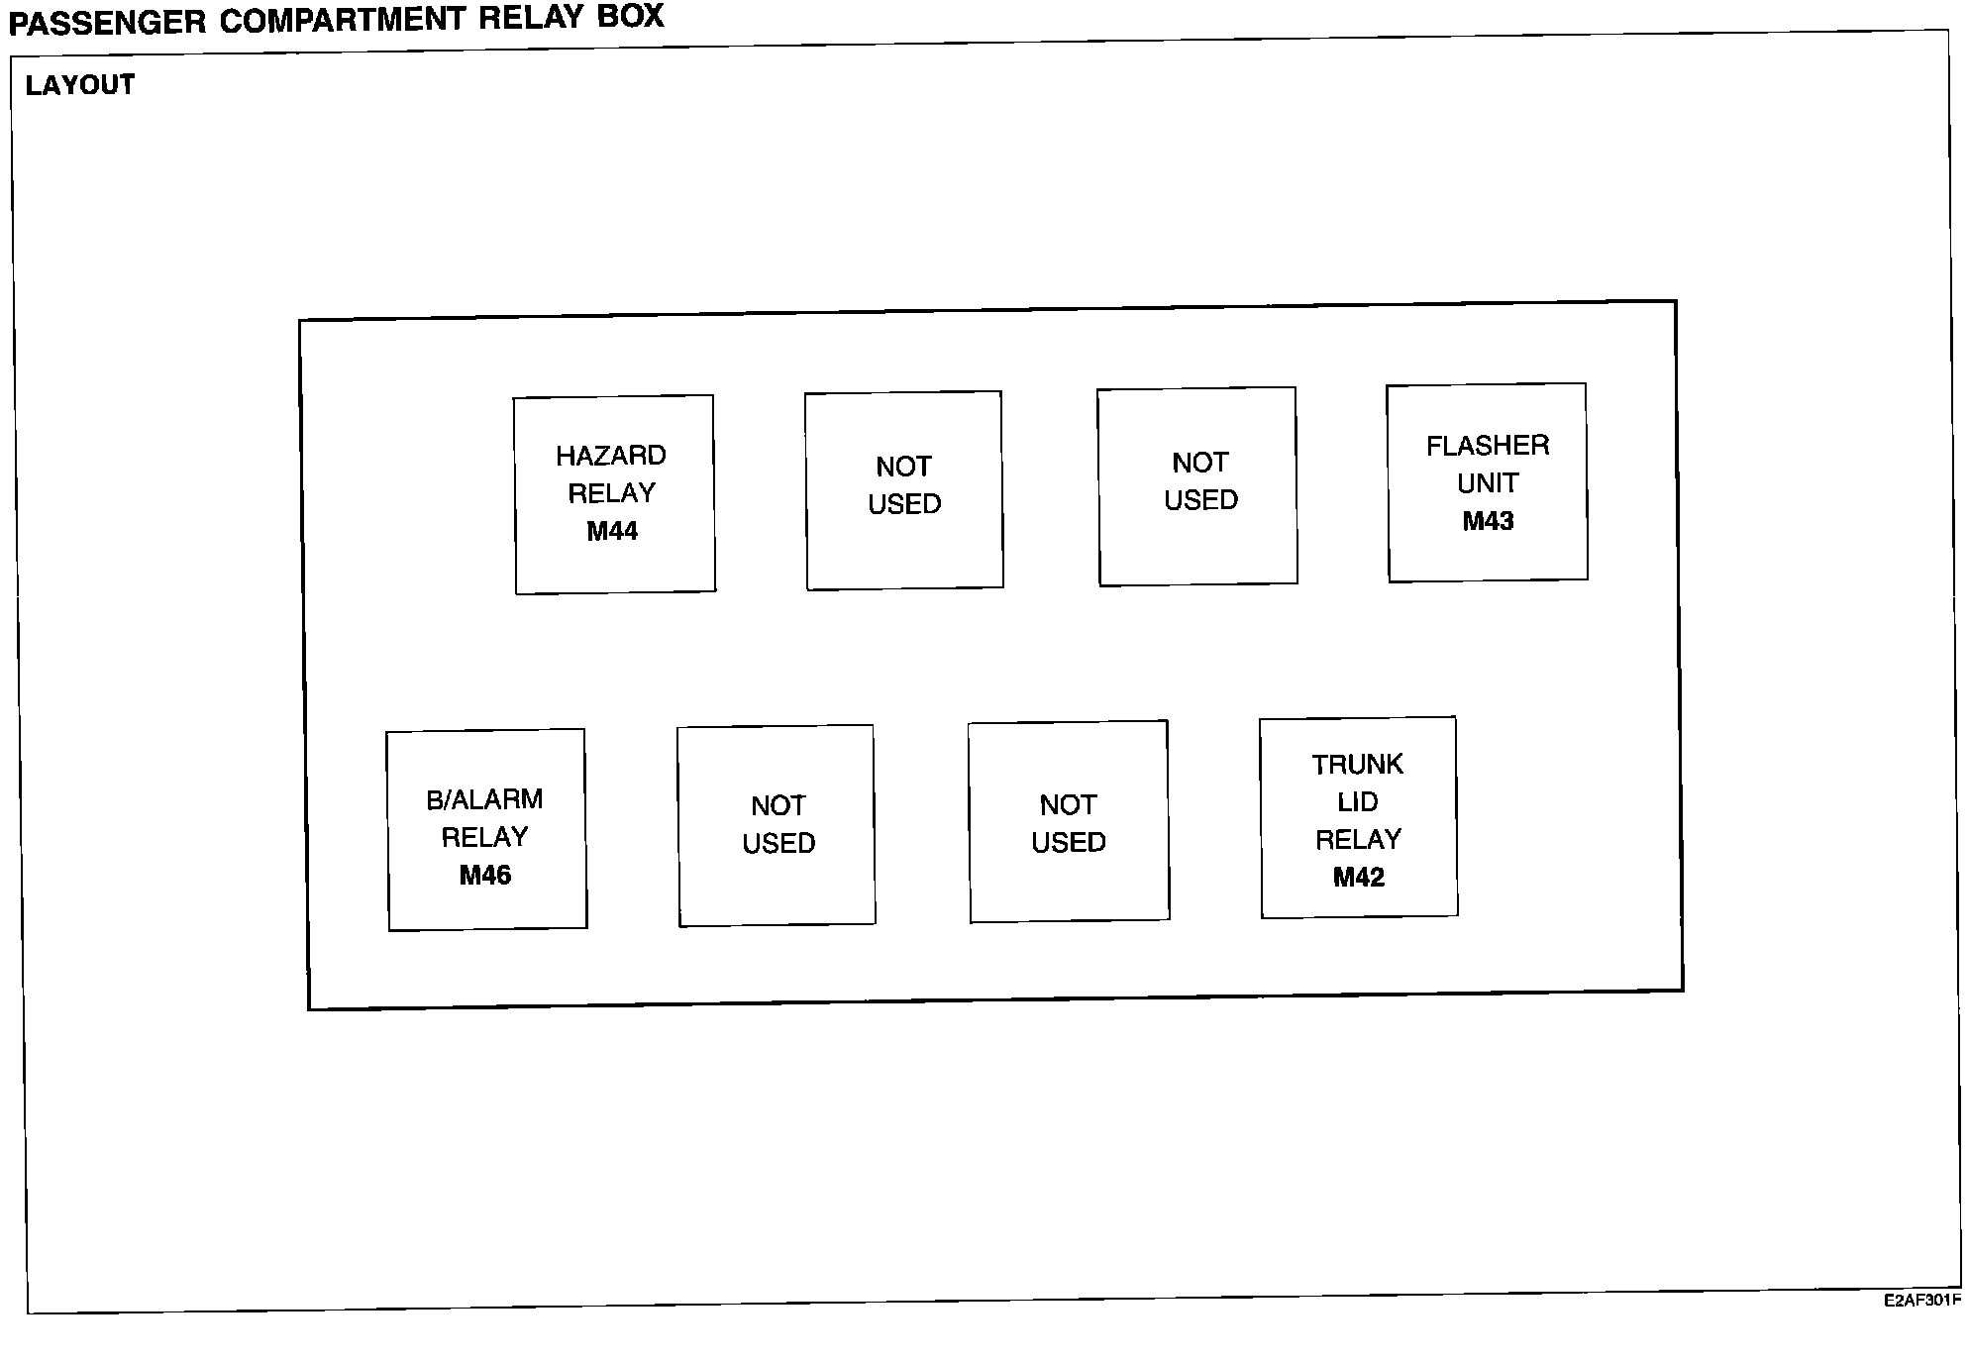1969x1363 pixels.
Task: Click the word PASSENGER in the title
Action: [106, 22]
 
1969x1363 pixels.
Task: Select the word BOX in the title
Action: [630, 17]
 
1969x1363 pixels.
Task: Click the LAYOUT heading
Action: [79, 85]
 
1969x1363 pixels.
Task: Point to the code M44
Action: [612, 532]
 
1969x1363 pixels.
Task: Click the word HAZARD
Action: [611, 456]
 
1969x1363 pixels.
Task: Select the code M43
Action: [1488, 521]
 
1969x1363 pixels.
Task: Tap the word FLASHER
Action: [1488, 446]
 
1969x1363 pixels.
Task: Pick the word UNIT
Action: [1488, 483]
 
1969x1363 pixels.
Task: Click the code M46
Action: [485, 876]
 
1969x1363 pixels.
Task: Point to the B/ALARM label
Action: [484, 799]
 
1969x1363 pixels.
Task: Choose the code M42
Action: [1358, 878]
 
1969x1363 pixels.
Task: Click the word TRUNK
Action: [1358, 765]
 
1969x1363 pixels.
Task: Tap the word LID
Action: [1358, 802]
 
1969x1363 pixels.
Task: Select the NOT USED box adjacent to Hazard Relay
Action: [904, 490]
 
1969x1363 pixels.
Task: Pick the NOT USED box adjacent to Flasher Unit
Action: [1197, 486]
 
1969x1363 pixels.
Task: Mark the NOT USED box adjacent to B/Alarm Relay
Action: [777, 825]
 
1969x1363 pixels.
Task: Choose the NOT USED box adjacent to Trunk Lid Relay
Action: [1069, 823]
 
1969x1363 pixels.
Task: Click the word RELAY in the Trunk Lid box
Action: [1358, 840]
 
